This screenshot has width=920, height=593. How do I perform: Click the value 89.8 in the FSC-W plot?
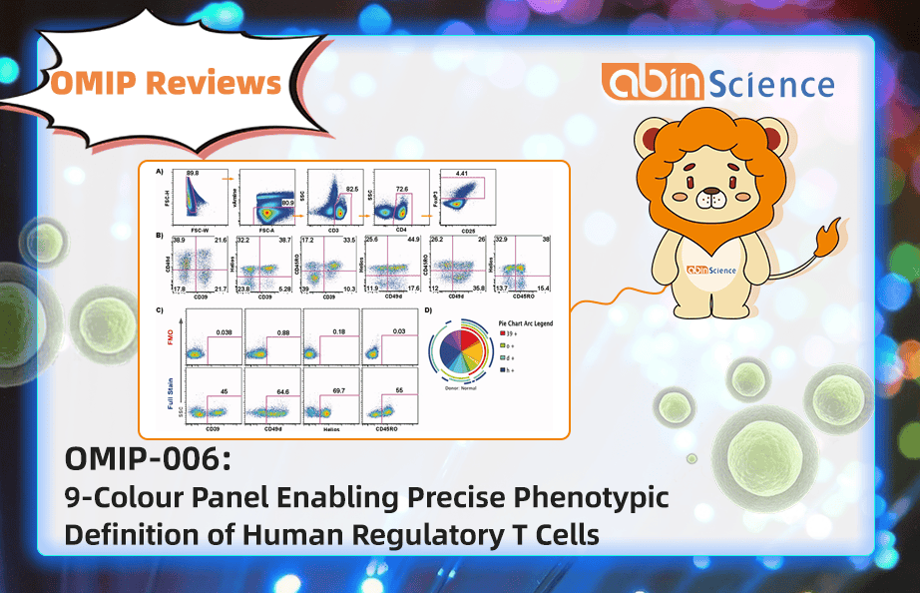(194, 174)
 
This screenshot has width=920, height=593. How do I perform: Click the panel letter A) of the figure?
(160, 170)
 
